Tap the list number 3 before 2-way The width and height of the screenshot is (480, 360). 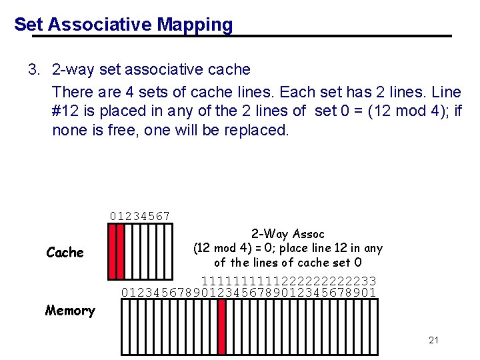pyautogui.click(x=32, y=69)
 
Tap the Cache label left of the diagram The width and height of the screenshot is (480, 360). pyautogui.click(x=65, y=253)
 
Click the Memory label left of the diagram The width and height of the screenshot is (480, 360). pyautogui.click(x=69, y=310)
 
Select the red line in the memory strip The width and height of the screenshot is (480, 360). pyautogui.click(x=222, y=326)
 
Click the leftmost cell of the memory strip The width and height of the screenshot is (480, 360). pyautogui.click(x=125, y=326)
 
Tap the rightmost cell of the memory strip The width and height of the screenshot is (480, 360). pyautogui.click(x=374, y=326)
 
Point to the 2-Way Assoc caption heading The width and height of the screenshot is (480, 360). pyautogui.click(x=287, y=234)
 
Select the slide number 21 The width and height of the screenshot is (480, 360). pyautogui.click(x=433, y=340)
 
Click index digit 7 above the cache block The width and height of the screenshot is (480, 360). pyautogui.click(x=167, y=216)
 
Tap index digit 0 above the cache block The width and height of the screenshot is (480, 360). pyautogui.click(x=113, y=216)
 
